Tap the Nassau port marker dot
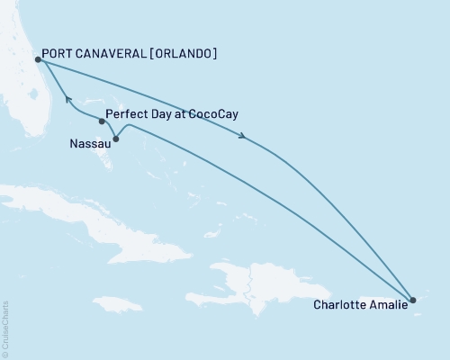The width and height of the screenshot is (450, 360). click(115, 139)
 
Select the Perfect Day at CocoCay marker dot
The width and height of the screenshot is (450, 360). click(101, 121)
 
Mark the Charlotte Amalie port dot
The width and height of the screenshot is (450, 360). click(412, 300)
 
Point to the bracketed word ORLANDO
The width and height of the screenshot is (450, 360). click(186, 54)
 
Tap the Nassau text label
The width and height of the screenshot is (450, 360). click(88, 142)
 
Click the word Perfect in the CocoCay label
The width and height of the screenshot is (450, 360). click(125, 115)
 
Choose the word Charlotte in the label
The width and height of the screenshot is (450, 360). click(339, 305)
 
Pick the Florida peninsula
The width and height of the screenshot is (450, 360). click(27, 99)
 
